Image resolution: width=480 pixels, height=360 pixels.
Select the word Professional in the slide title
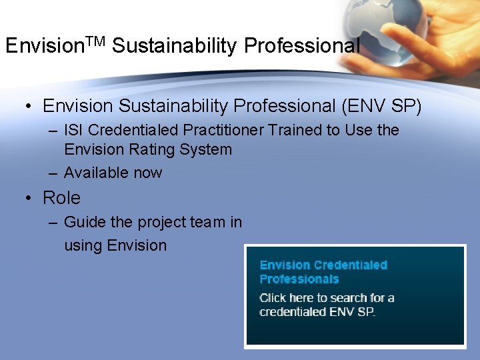pos(302,46)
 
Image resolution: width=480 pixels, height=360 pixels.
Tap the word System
pos(206,149)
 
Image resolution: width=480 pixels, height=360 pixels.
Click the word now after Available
pos(147,173)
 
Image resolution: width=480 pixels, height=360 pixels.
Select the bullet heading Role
pos(61,198)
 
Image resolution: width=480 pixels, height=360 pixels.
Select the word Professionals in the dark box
pos(299,279)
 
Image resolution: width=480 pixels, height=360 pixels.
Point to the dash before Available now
pos(53,173)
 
